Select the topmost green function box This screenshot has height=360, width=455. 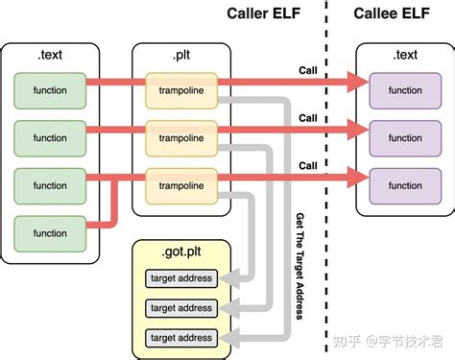[x=50, y=90]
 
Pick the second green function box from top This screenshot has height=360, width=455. [x=50, y=137]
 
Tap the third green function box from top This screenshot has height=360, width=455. [x=50, y=184]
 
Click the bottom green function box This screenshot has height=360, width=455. [x=50, y=232]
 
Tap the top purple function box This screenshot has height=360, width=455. [x=404, y=90]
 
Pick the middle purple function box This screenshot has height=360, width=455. [x=404, y=137]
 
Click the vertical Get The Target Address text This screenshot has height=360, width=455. [x=300, y=266]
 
